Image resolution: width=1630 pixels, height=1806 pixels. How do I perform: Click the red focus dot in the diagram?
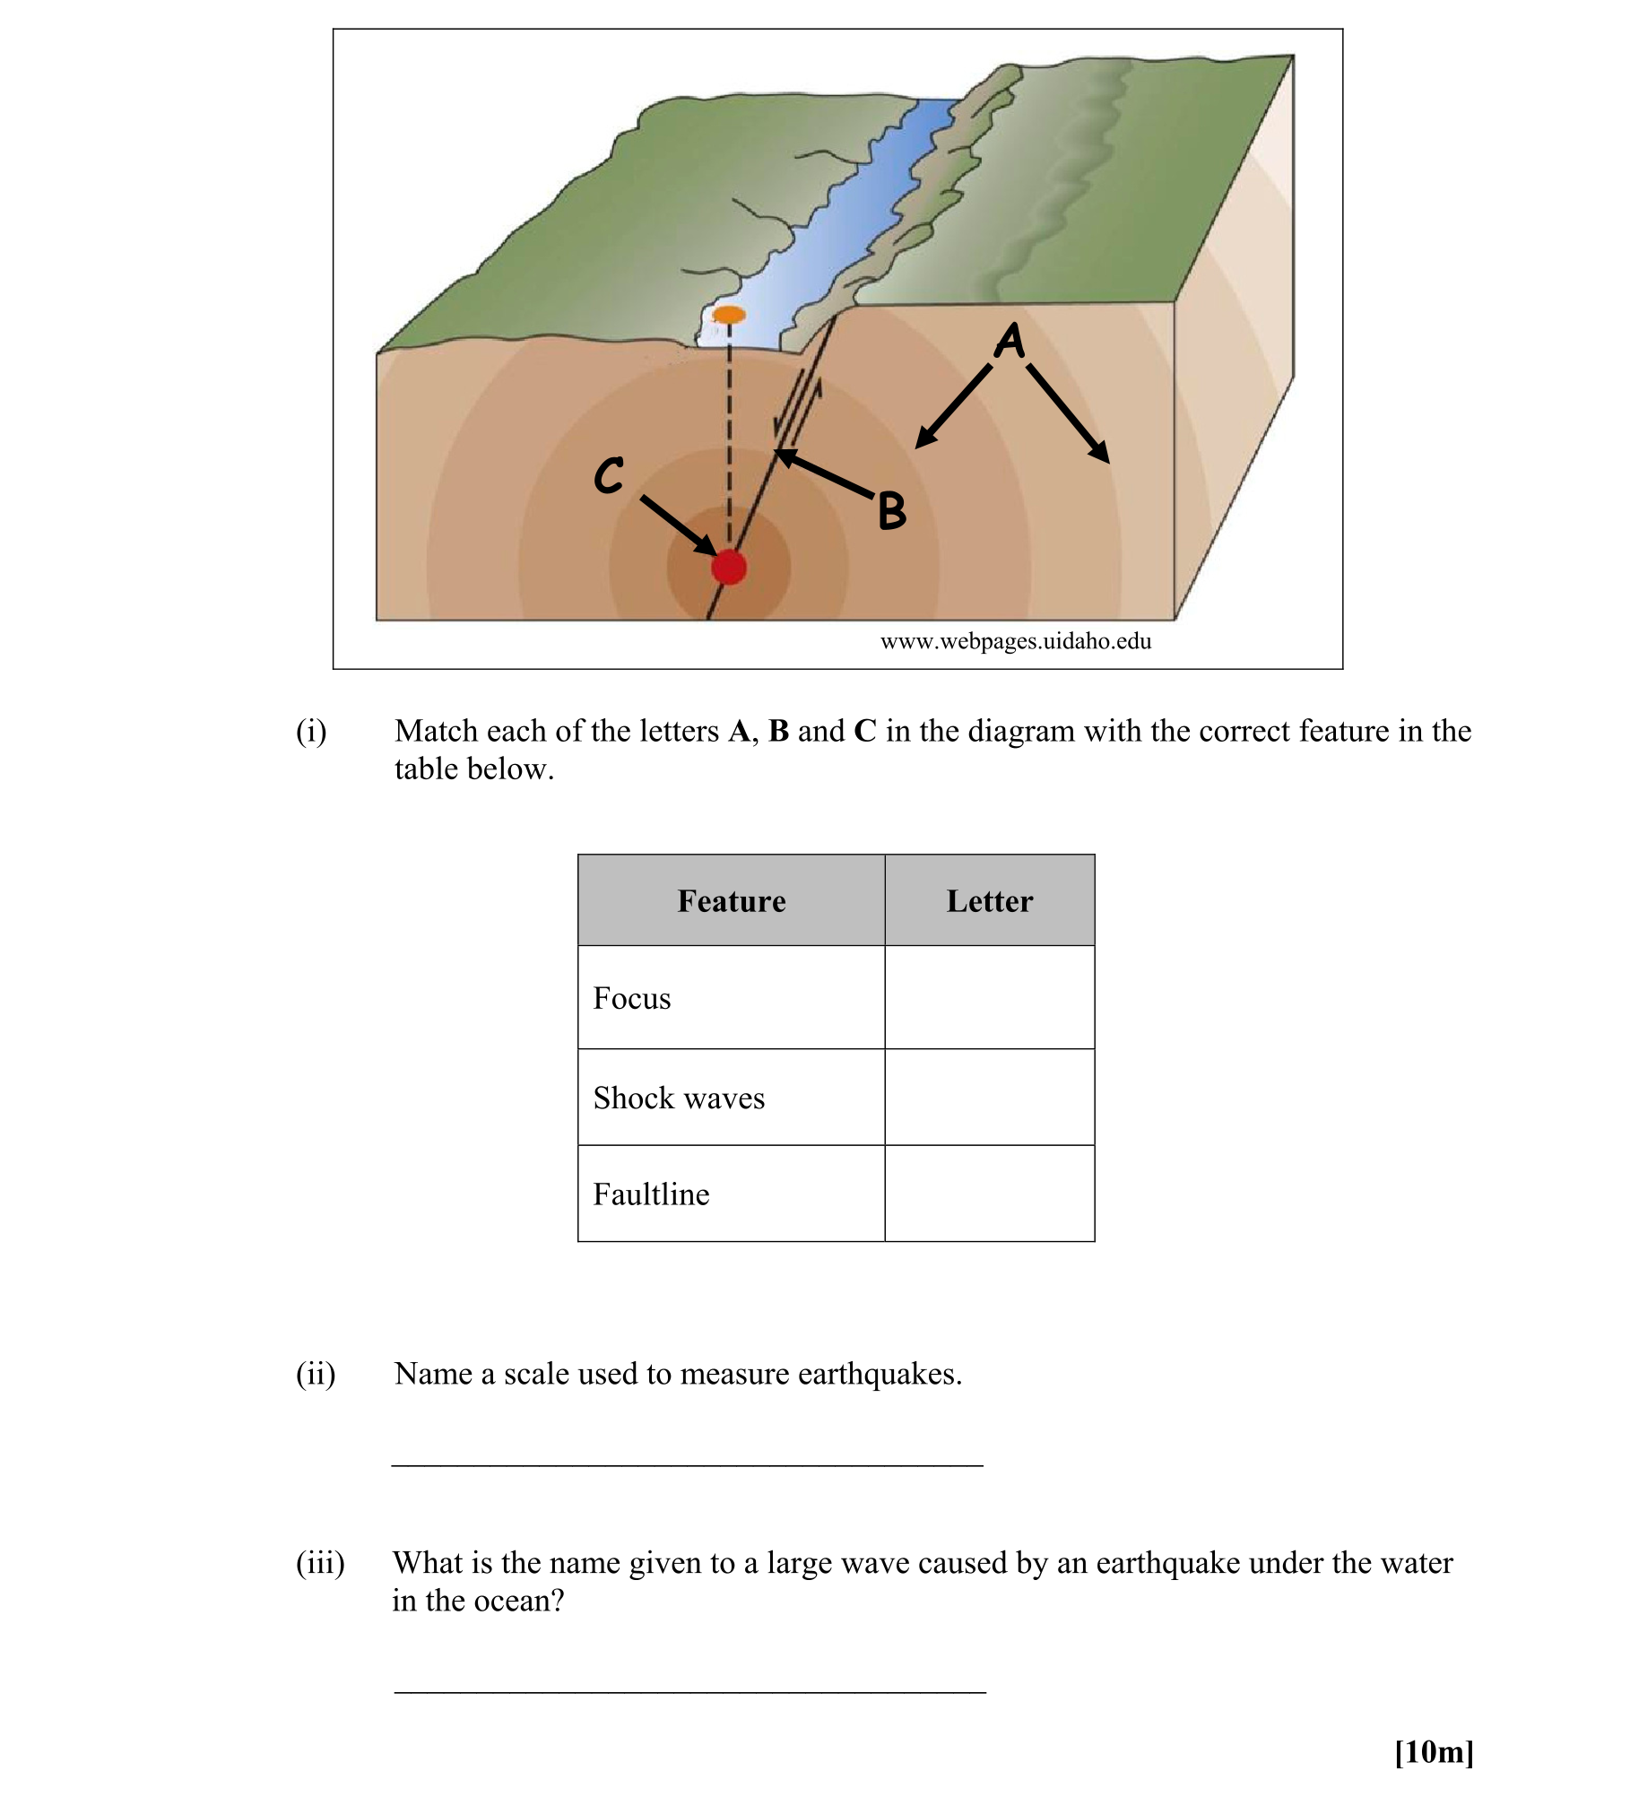click(729, 567)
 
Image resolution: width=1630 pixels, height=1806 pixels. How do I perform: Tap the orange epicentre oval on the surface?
click(729, 315)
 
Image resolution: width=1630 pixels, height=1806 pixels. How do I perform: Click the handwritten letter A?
click(1010, 341)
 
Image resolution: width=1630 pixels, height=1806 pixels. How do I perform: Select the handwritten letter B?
click(891, 511)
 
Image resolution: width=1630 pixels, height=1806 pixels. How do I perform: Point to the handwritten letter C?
click(609, 475)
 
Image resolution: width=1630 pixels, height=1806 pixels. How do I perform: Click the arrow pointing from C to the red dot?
click(678, 526)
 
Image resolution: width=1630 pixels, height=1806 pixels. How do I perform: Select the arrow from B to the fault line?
click(824, 474)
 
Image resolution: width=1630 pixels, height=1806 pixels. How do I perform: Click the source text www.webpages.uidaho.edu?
click(1016, 641)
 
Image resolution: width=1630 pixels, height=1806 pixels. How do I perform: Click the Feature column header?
click(732, 901)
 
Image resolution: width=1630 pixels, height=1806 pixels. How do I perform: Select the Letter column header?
click(990, 901)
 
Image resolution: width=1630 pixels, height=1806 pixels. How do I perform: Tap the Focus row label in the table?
click(632, 999)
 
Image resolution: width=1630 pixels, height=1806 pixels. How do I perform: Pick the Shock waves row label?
click(679, 1098)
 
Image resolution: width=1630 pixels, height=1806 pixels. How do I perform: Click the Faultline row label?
click(651, 1194)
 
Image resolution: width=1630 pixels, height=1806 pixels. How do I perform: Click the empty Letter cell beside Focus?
click(990, 998)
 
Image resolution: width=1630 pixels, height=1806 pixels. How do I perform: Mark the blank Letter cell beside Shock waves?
click(990, 1098)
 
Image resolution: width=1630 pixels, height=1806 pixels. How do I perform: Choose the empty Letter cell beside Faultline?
click(990, 1194)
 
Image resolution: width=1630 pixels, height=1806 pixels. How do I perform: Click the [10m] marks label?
click(1434, 1752)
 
